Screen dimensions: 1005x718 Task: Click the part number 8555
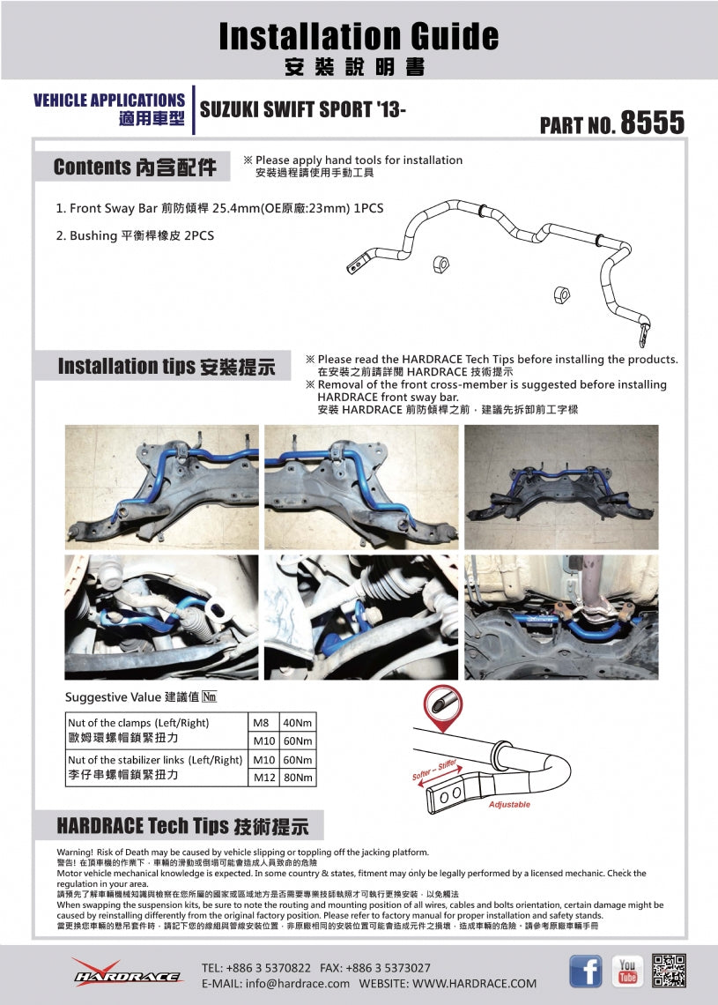[652, 123]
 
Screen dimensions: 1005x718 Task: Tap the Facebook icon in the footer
[586, 971]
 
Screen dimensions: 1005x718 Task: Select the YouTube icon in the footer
[627, 971]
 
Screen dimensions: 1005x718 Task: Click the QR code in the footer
[669, 971]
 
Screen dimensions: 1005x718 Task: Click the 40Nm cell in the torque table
[298, 723]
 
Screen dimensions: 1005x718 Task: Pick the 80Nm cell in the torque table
[298, 778]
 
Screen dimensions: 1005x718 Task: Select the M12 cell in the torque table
[264, 778]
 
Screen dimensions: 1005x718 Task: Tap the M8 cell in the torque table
[262, 723]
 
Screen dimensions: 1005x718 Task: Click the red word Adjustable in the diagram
[509, 805]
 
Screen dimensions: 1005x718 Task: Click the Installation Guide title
[359, 36]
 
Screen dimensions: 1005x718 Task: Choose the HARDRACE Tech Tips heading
[182, 826]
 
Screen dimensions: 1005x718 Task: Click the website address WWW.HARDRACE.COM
[474, 983]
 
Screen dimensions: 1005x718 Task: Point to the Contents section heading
[134, 167]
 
